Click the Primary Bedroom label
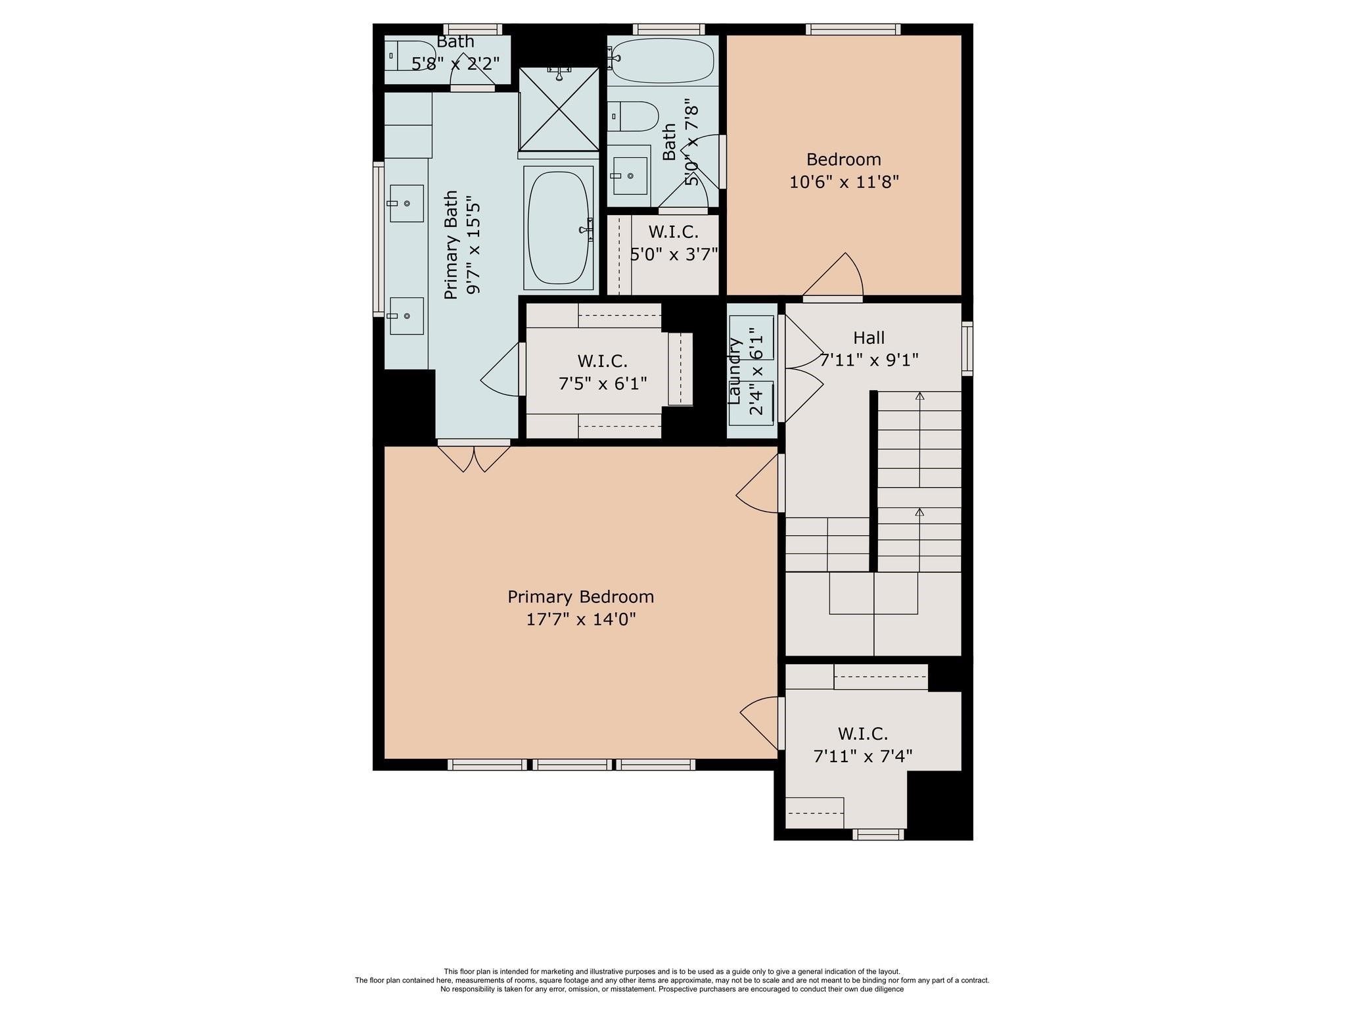pyautogui.click(x=580, y=596)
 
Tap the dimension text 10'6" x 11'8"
pyautogui.click(x=843, y=181)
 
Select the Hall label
pyautogui.click(x=868, y=338)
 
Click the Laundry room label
pyautogui.click(x=735, y=371)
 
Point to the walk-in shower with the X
pyautogui.click(x=559, y=109)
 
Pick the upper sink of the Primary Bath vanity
pyautogui.click(x=406, y=203)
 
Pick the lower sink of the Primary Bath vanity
pyautogui.click(x=406, y=316)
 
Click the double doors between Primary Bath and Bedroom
pyautogui.click(x=473, y=458)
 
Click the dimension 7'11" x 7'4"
pyautogui.click(x=862, y=756)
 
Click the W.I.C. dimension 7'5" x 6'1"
pyautogui.click(x=603, y=383)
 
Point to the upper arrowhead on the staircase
pyautogui.click(x=919, y=396)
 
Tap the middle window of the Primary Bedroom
pyautogui.click(x=571, y=764)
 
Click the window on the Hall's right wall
pyautogui.click(x=967, y=349)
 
